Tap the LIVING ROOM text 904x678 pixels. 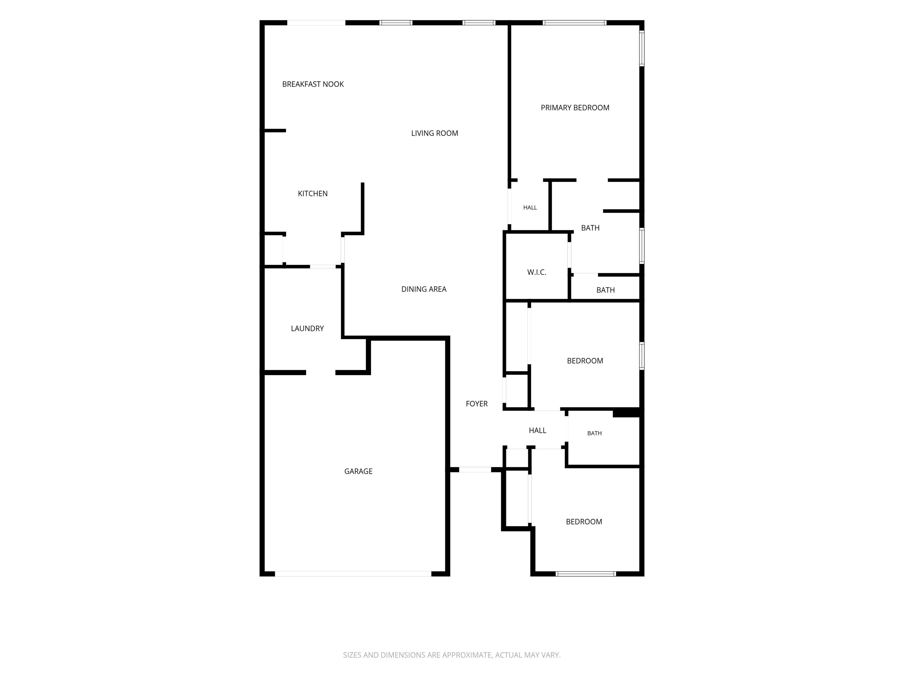tap(434, 133)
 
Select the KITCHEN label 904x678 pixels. tap(313, 194)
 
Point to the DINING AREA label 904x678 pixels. tap(424, 289)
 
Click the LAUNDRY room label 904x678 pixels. tap(307, 329)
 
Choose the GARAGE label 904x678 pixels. tap(358, 471)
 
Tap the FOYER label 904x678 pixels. tap(476, 404)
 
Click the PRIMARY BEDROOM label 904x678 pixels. tap(575, 108)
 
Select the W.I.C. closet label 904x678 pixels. tap(536, 272)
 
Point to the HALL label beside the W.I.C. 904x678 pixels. tap(530, 208)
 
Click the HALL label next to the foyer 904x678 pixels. tap(537, 430)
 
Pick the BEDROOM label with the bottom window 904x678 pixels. tap(584, 521)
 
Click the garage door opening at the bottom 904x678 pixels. tap(353, 574)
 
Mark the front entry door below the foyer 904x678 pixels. tap(475, 470)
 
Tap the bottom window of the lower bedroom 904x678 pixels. tap(586, 574)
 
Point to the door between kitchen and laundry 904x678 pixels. tap(323, 266)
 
